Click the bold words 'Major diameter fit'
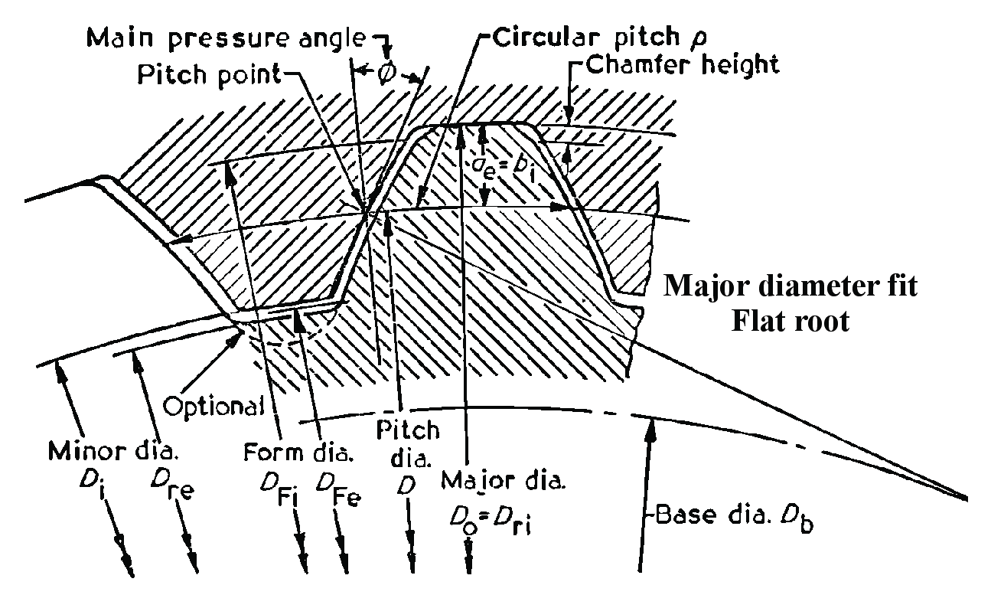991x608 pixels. tap(789, 289)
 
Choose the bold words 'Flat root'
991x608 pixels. tap(790, 321)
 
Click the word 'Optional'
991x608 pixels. tap(215, 405)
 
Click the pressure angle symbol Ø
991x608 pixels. tap(386, 74)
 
